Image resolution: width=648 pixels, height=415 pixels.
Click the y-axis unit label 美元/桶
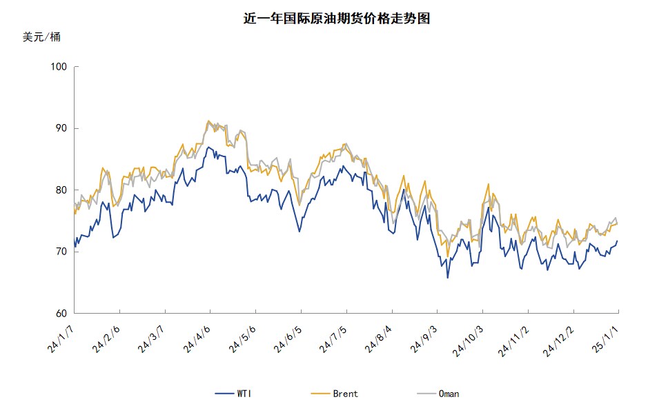[x=41, y=37]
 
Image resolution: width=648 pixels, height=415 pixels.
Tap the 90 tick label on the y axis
[x=59, y=128]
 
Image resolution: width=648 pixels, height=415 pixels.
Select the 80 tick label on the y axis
[x=59, y=190]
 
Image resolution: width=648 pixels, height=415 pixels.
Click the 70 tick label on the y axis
[x=59, y=252]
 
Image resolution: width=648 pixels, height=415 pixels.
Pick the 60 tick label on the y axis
[x=59, y=314]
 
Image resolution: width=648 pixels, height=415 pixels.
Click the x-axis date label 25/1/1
[x=605, y=339]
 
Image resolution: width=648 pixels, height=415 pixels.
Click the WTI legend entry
[x=234, y=394]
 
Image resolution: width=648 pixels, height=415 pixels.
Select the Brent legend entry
[x=335, y=394]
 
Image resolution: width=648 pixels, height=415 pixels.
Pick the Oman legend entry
[x=438, y=394]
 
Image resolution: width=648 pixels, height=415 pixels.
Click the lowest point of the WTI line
[x=447, y=278]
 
